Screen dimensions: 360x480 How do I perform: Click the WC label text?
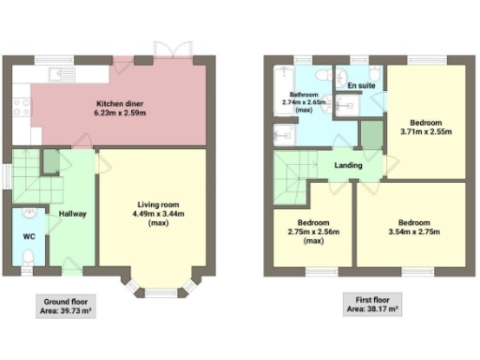tap(29, 236)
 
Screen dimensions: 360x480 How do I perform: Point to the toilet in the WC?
tap(28, 255)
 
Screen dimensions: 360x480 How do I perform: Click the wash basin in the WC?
tap(28, 213)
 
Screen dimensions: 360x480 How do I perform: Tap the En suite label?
tap(360, 86)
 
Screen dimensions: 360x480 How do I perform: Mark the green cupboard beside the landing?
tap(370, 138)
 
